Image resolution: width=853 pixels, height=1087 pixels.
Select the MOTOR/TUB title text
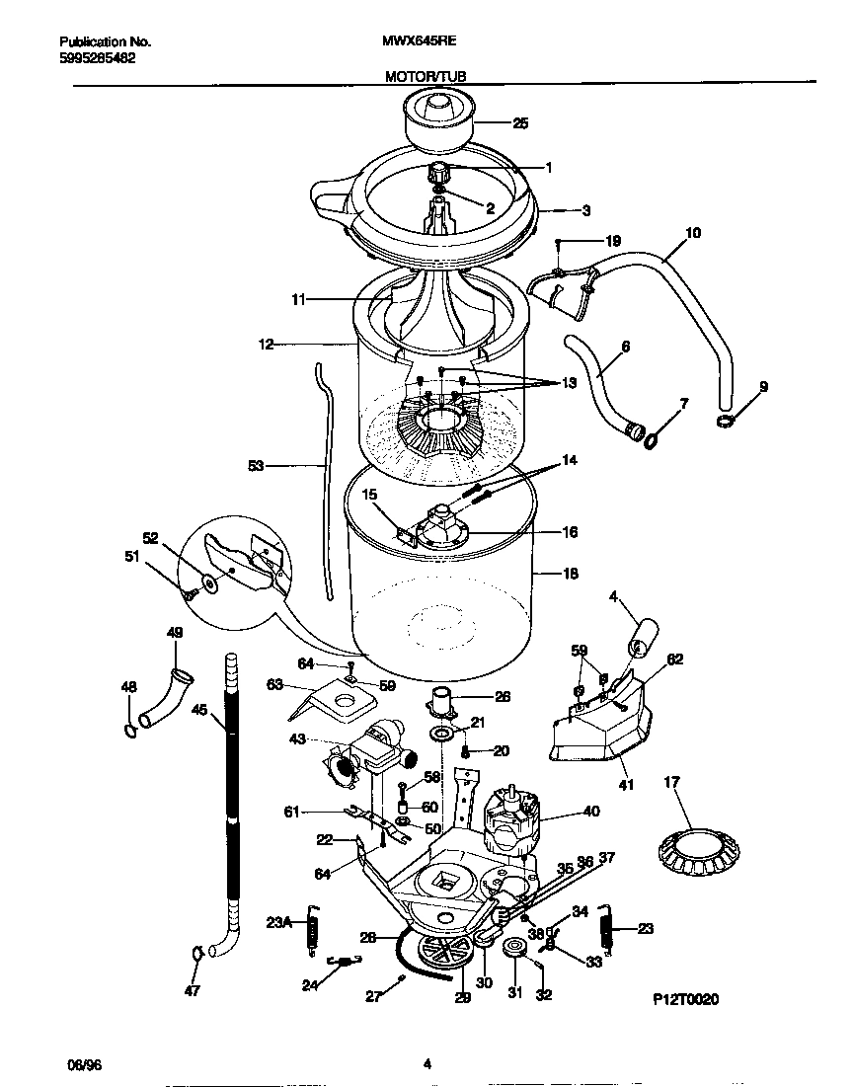(426, 75)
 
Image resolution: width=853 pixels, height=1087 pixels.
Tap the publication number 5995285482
(98, 58)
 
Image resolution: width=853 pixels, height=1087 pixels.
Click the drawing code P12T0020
(685, 999)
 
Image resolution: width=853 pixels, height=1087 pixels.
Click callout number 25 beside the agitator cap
(520, 123)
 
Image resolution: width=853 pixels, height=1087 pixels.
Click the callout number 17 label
(671, 782)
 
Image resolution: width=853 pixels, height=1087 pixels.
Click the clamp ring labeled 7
(653, 436)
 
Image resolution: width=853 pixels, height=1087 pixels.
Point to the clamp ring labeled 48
(129, 730)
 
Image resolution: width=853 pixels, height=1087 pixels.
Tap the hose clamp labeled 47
(196, 953)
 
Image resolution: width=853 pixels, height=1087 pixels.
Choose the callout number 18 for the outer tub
(570, 574)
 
